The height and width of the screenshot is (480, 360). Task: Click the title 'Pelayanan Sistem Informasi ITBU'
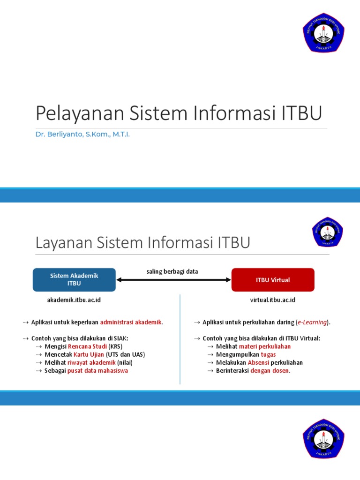pyautogui.click(x=179, y=114)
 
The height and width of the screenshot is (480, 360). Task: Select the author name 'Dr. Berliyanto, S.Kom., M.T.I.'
pyautogui.click(x=82, y=135)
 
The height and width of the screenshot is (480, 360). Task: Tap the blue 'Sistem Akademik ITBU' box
pyautogui.click(x=74, y=280)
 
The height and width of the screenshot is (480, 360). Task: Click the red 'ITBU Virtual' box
pyautogui.click(x=273, y=280)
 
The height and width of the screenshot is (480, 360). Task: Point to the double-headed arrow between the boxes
pyautogui.click(x=174, y=280)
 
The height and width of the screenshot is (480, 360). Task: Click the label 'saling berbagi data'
pyautogui.click(x=172, y=271)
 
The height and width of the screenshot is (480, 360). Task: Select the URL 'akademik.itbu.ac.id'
pyautogui.click(x=74, y=300)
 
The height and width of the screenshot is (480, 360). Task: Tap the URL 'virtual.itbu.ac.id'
pyautogui.click(x=273, y=300)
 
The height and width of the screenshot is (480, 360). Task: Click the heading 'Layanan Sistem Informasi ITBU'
pyautogui.click(x=143, y=243)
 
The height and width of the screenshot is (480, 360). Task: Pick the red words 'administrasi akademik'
pyautogui.click(x=131, y=322)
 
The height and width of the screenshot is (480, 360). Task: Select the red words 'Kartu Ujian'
pyautogui.click(x=89, y=354)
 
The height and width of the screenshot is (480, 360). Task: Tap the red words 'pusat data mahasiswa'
pyautogui.click(x=97, y=371)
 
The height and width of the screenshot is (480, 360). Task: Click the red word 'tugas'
pyautogui.click(x=269, y=354)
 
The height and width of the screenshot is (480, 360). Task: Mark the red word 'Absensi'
pyautogui.click(x=258, y=362)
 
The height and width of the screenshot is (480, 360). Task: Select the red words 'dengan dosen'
pyautogui.click(x=270, y=371)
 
